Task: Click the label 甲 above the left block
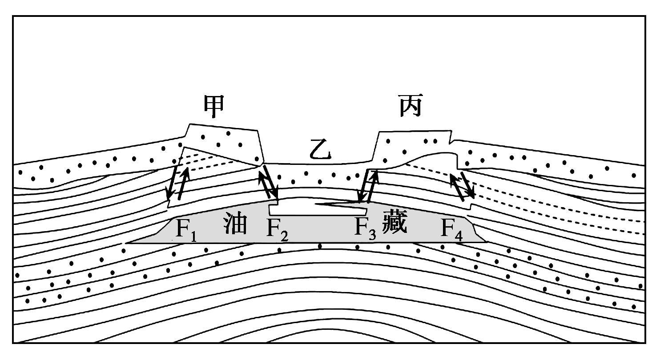pyautogui.click(x=213, y=107)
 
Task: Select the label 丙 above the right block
pyautogui.click(x=410, y=107)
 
